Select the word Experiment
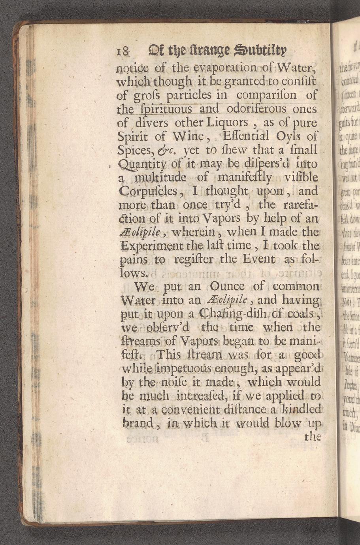153,245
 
